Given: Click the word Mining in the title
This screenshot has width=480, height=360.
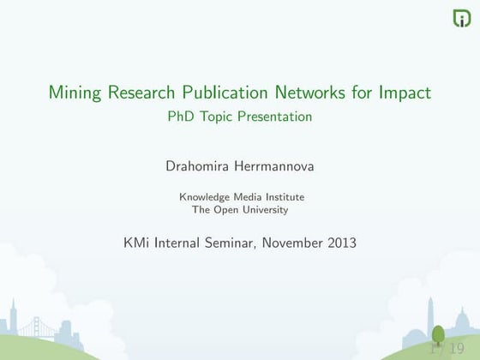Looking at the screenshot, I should click(x=75, y=92).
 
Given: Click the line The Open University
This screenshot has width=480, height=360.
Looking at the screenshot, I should click(x=240, y=209).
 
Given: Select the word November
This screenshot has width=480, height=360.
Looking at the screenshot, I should click(x=292, y=243).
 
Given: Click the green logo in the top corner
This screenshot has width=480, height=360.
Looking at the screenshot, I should click(x=461, y=18).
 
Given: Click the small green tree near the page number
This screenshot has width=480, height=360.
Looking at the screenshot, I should click(x=438, y=337).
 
